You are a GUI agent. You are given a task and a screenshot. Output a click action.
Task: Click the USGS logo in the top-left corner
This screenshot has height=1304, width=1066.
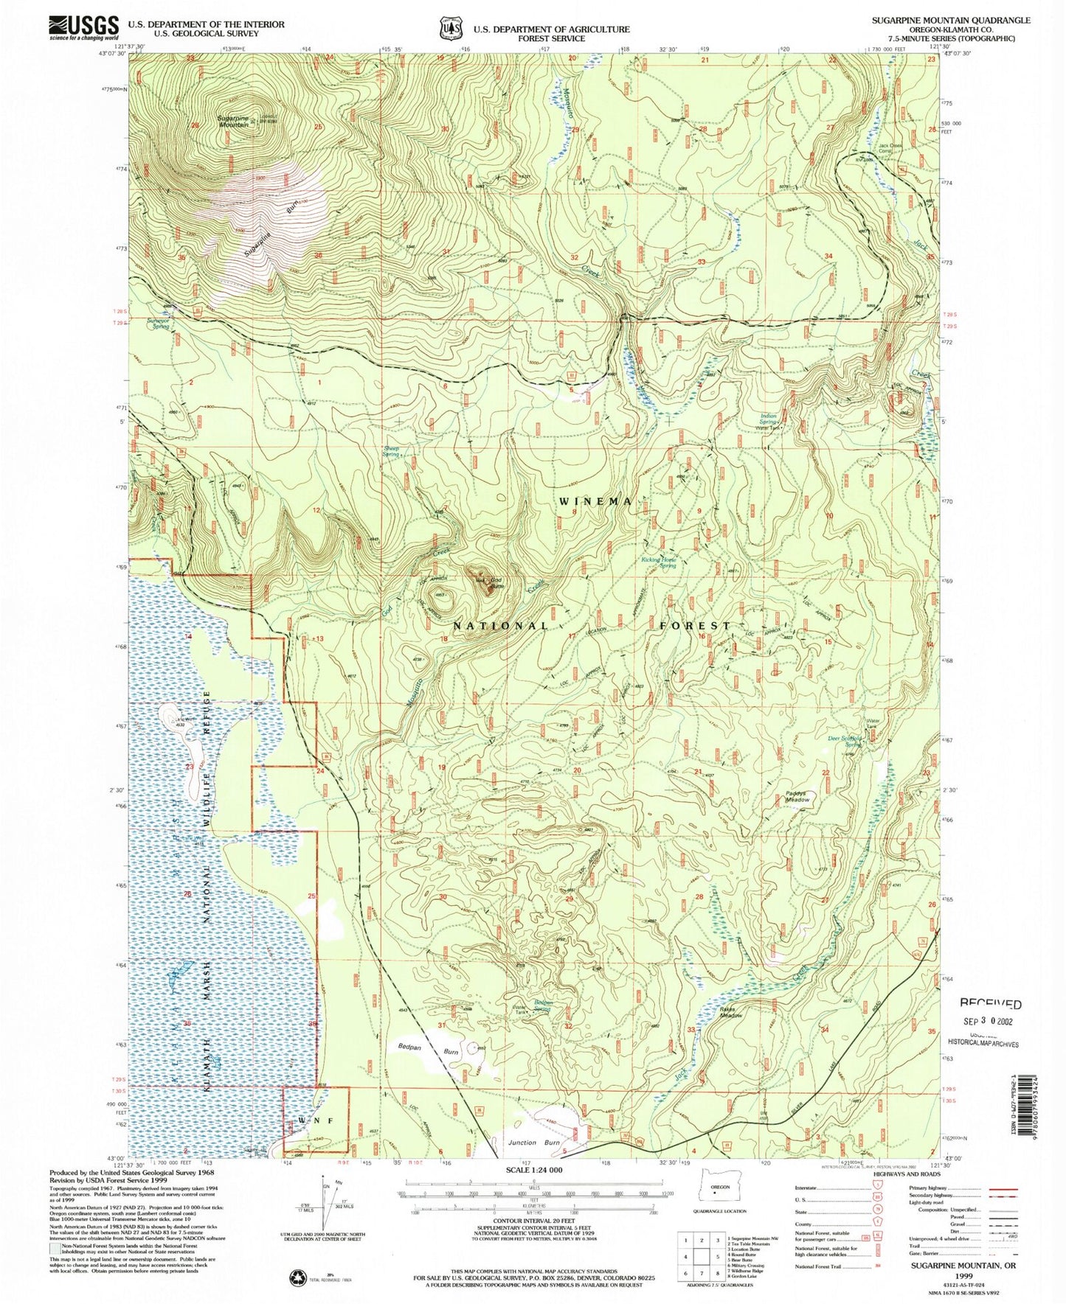tap(83, 28)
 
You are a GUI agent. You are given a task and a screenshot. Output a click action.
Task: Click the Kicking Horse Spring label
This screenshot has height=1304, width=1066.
tap(659, 562)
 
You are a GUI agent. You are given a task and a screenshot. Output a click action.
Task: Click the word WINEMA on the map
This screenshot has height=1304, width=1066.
tap(595, 501)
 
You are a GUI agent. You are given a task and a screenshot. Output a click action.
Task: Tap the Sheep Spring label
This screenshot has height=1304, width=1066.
tap(390, 451)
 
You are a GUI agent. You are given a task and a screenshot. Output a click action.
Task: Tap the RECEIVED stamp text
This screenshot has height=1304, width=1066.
tap(991, 1004)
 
